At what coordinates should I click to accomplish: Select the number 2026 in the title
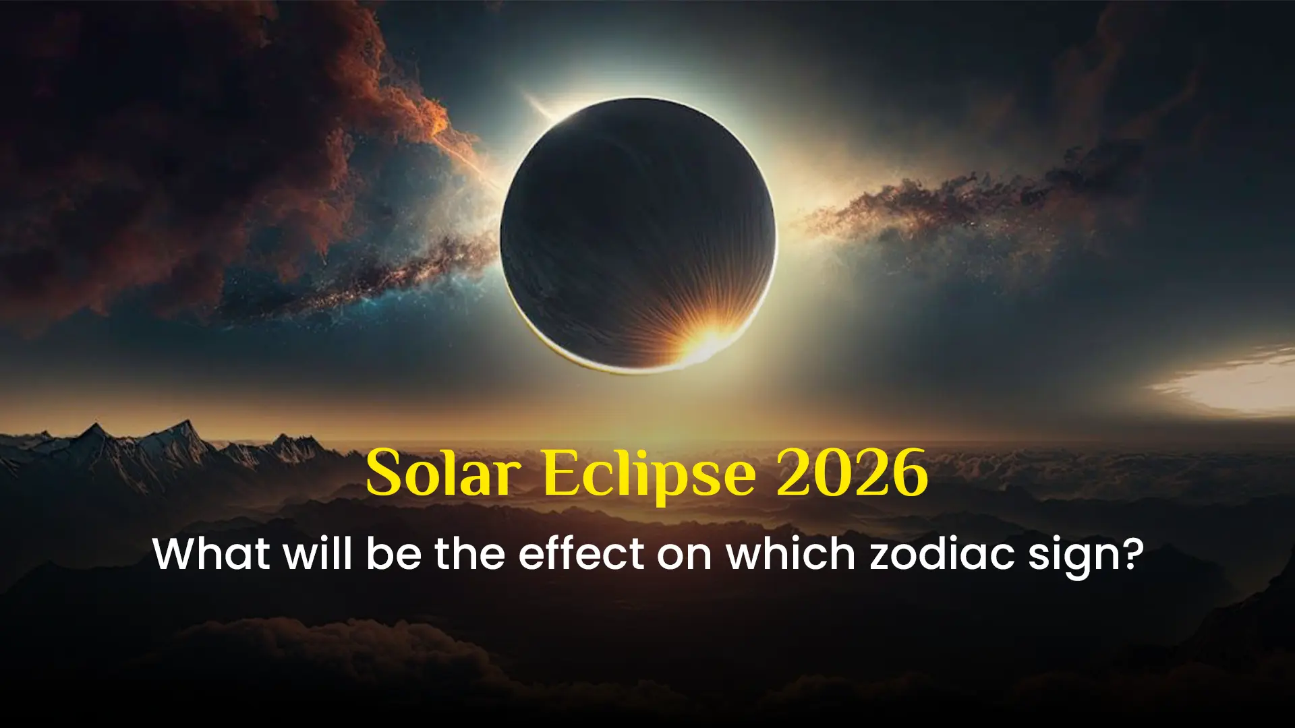click(852, 473)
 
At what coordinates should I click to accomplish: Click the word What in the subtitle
click(211, 554)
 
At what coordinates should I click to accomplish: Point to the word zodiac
click(942, 554)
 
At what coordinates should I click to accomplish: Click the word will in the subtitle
click(318, 554)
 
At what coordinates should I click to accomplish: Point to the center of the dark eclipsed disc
click(638, 235)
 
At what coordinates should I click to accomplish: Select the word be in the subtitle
click(394, 554)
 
